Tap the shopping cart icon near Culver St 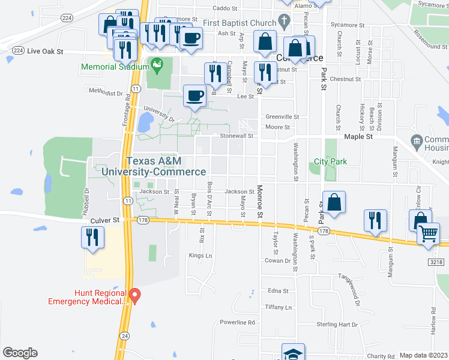429,233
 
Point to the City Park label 330,162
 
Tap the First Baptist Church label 239,23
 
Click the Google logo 20,353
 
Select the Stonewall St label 240,136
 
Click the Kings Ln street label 200,256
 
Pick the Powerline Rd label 237,322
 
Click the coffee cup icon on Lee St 196,96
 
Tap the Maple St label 358,137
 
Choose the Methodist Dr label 106,93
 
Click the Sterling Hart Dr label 337,325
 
